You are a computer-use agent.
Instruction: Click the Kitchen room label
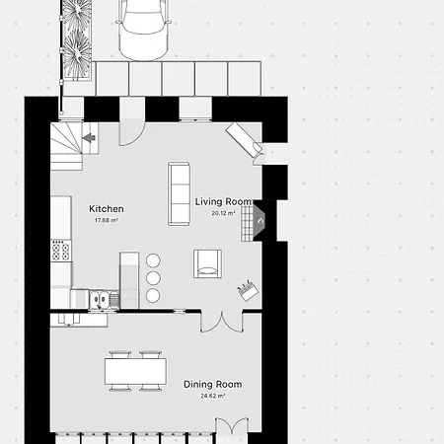click(x=107, y=209)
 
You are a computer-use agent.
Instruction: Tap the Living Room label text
click(x=223, y=201)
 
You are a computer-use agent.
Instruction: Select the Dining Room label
click(x=212, y=384)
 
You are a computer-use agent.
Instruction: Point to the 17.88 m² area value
click(x=107, y=220)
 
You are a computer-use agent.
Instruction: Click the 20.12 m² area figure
click(x=223, y=213)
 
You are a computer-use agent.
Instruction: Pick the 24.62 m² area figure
click(x=213, y=396)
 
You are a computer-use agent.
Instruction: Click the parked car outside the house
click(x=143, y=30)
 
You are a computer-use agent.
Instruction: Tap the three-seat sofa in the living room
click(x=179, y=193)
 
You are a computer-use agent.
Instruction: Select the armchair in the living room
click(x=207, y=263)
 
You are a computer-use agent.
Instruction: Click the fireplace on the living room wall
click(x=255, y=220)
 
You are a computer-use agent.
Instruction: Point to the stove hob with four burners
click(x=61, y=251)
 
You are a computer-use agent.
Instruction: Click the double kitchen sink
click(x=100, y=300)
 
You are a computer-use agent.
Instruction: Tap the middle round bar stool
click(x=153, y=278)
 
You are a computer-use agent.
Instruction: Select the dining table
click(x=135, y=371)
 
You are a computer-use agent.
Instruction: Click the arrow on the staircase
click(x=89, y=138)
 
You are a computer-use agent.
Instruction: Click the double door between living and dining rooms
click(x=222, y=322)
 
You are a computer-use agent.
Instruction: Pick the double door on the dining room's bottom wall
click(x=232, y=426)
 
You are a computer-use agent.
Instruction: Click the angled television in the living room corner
click(x=244, y=139)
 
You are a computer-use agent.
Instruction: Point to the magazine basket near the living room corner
click(x=248, y=290)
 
